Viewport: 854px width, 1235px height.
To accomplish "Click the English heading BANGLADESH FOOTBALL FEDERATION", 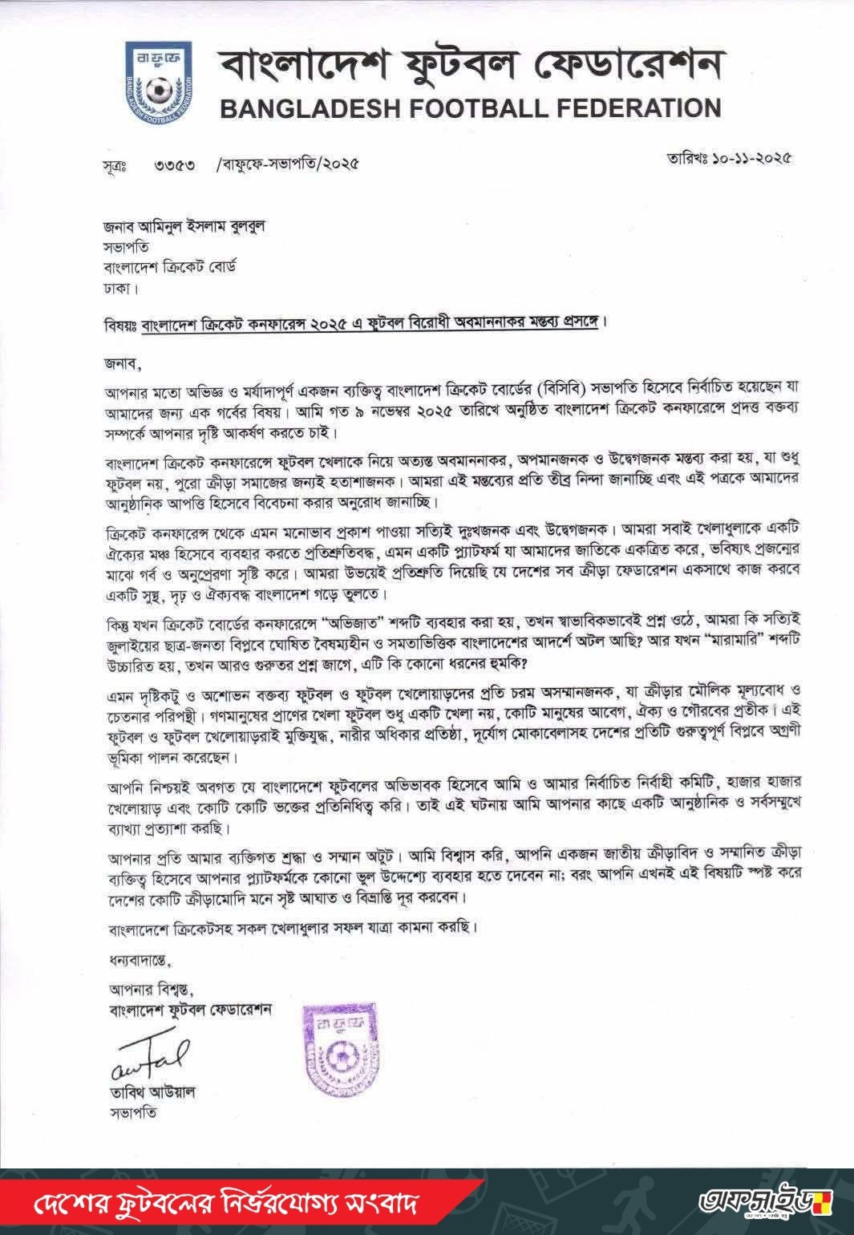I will coord(470,107).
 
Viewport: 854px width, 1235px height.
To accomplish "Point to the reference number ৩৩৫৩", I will coord(176,165).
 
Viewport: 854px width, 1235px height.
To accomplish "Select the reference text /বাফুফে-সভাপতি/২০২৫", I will coord(286,164).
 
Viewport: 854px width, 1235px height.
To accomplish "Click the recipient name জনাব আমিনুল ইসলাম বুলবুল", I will coord(184,226).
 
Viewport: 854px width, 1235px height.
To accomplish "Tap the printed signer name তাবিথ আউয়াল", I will coord(152,1092).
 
